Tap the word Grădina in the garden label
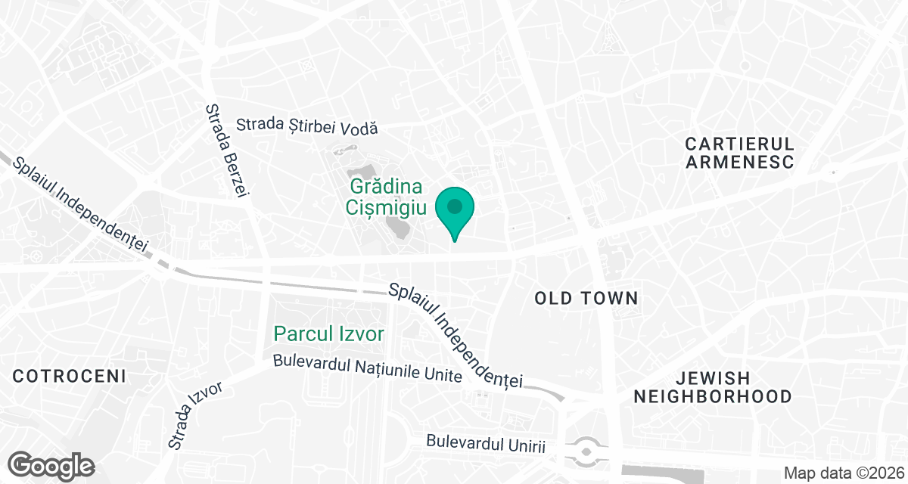pos(385,187)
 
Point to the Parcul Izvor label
pos(329,334)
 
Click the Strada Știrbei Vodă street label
pos(306,127)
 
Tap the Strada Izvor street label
pos(195,415)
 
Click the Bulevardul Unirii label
pos(486,444)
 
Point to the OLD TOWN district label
pos(586,299)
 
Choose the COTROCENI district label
pos(69,376)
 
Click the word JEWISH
pos(714,377)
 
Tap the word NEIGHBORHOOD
pos(713,396)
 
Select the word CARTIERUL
pos(739,144)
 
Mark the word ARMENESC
pos(739,162)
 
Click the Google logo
pos(51,464)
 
